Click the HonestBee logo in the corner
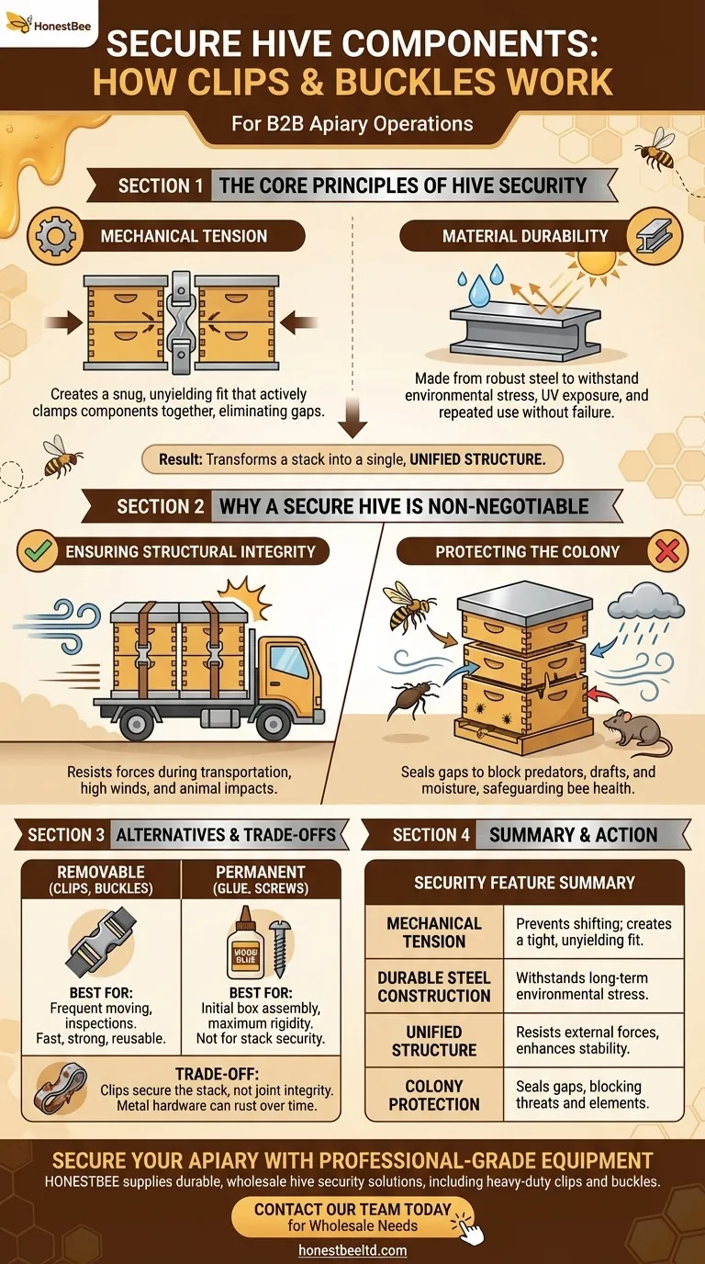tap(48, 24)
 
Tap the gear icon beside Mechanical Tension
tap(55, 235)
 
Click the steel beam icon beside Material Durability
tap(655, 235)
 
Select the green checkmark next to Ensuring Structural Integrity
tap(38, 551)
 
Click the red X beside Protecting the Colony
tap(667, 551)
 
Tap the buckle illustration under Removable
tap(101, 942)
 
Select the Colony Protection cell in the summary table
tap(433, 1095)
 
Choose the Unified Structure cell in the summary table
tap(433, 1041)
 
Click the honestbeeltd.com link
tap(352, 1250)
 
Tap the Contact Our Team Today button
tap(352, 1216)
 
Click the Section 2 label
tap(160, 506)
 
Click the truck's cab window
tap(289, 662)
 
